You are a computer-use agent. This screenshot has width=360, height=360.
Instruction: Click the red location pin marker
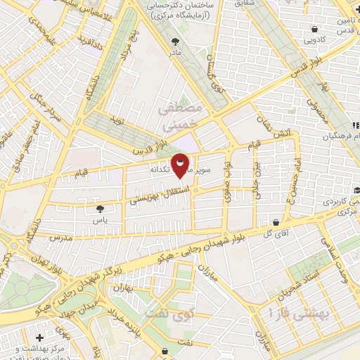pyautogui.click(x=180, y=165)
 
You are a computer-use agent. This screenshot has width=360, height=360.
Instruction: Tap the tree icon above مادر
pyautogui.click(x=173, y=41)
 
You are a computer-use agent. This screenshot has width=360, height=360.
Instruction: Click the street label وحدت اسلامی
pyautogui.click(x=338, y=249)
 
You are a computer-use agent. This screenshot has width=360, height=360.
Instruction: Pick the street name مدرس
pyautogui.click(x=61, y=238)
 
